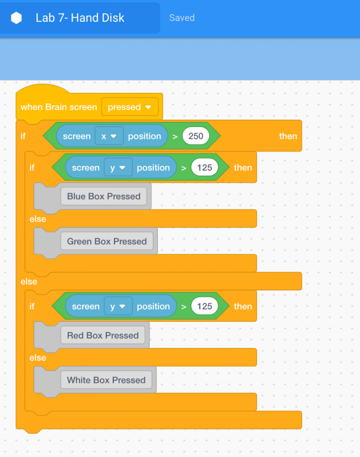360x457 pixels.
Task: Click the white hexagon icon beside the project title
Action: click(x=16, y=18)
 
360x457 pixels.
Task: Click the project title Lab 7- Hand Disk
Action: click(x=80, y=18)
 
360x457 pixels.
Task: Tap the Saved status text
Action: click(x=182, y=18)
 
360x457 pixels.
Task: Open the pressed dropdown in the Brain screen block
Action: click(x=130, y=107)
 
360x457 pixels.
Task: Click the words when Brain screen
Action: click(x=59, y=107)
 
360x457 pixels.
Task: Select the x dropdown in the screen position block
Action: click(x=109, y=136)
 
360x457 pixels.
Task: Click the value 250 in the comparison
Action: click(x=196, y=136)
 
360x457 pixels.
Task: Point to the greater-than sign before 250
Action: click(x=175, y=136)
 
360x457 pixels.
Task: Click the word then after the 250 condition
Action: click(x=288, y=136)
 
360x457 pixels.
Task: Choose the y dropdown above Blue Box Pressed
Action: click(x=118, y=167)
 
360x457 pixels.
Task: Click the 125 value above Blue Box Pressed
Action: click(x=204, y=167)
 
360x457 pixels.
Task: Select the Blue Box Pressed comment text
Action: click(x=103, y=196)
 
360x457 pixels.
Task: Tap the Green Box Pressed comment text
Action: click(x=107, y=241)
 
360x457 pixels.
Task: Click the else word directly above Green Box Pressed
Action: click(x=38, y=219)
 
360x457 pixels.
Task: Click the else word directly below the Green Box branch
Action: click(x=29, y=282)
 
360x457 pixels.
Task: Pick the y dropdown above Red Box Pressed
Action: click(x=118, y=306)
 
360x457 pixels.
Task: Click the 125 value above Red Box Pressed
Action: click(x=204, y=306)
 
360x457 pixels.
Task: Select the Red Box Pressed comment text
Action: click(x=102, y=335)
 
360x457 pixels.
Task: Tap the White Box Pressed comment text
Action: click(x=106, y=380)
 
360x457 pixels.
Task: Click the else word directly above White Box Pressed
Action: click(x=38, y=358)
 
